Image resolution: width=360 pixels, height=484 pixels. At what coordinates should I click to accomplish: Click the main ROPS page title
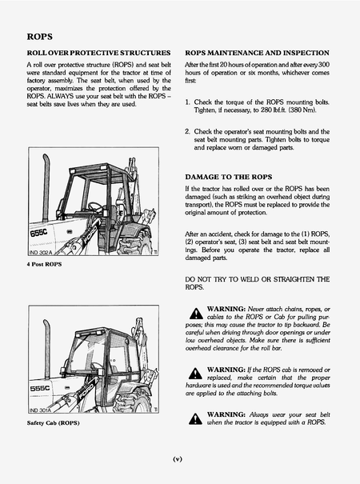[x=39, y=37]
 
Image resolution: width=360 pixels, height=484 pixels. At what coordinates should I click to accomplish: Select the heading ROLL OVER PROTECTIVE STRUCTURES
[x=98, y=52]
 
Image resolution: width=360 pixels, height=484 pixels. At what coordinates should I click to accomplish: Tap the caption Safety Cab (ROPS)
[x=54, y=422]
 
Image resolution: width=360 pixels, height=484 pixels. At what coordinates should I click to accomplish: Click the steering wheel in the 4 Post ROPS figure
[x=94, y=206]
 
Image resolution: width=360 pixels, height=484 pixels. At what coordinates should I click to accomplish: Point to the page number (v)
[x=179, y=458]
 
